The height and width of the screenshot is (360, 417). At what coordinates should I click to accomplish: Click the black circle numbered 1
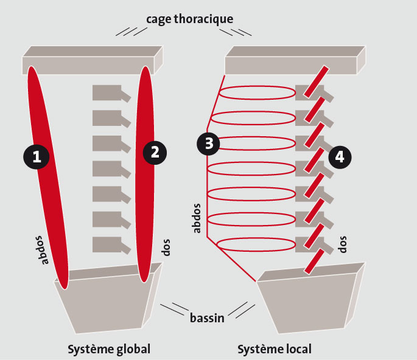click(x=37, y=157)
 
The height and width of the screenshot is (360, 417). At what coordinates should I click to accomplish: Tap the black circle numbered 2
click(x=155, y=152)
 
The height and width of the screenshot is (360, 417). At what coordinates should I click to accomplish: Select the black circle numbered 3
click(x=209, y=144)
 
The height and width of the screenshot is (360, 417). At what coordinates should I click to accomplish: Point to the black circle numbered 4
click(x=340, y=157)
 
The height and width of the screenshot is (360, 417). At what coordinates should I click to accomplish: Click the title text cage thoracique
click(x=189, y=19)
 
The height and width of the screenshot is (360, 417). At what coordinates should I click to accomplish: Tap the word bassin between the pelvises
click(x=206, y=317)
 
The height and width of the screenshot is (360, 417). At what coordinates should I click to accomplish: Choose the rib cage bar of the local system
click(x=292, y=62)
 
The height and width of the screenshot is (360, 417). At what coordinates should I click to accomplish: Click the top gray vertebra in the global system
click(x=107, y=92)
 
